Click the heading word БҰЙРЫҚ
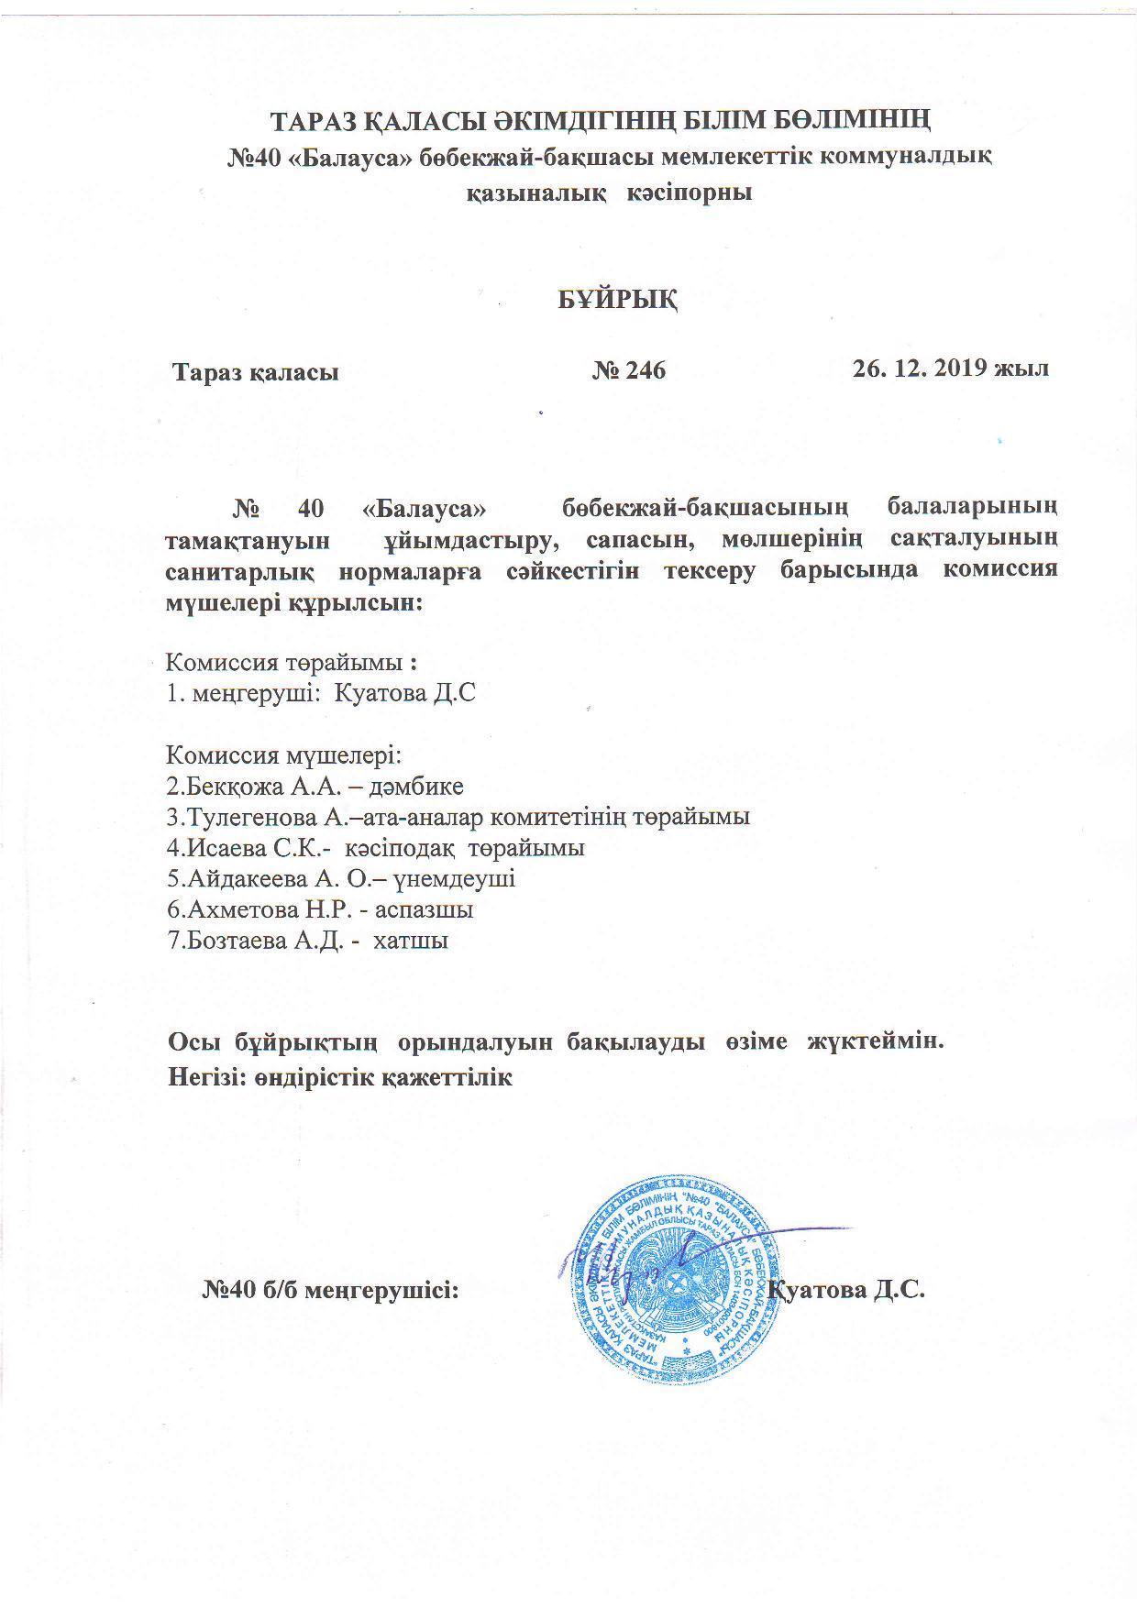(619, 300)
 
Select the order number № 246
(629, 370)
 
